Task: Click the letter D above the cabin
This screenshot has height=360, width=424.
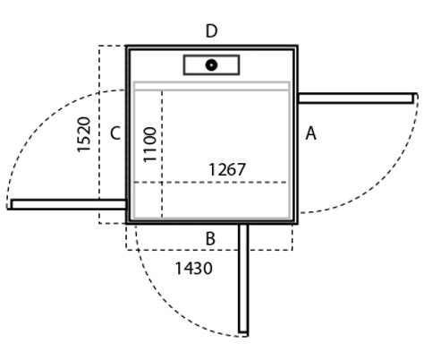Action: tap(211, 31)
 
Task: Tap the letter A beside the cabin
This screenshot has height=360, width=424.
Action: tap(310, 133)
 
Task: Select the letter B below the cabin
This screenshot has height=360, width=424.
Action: tap(210, 239)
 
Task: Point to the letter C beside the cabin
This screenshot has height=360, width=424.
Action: tap(115, 133)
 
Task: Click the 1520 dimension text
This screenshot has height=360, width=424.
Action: tap(84, 134)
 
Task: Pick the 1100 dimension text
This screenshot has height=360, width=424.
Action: tap(149, 145)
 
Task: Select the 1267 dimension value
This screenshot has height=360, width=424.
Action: tap(227, 169)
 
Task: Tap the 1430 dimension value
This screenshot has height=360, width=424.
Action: tap(194, 268)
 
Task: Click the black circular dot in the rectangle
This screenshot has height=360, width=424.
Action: tap(211, 64)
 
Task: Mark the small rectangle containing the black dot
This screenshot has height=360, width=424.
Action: tap(211, 64)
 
